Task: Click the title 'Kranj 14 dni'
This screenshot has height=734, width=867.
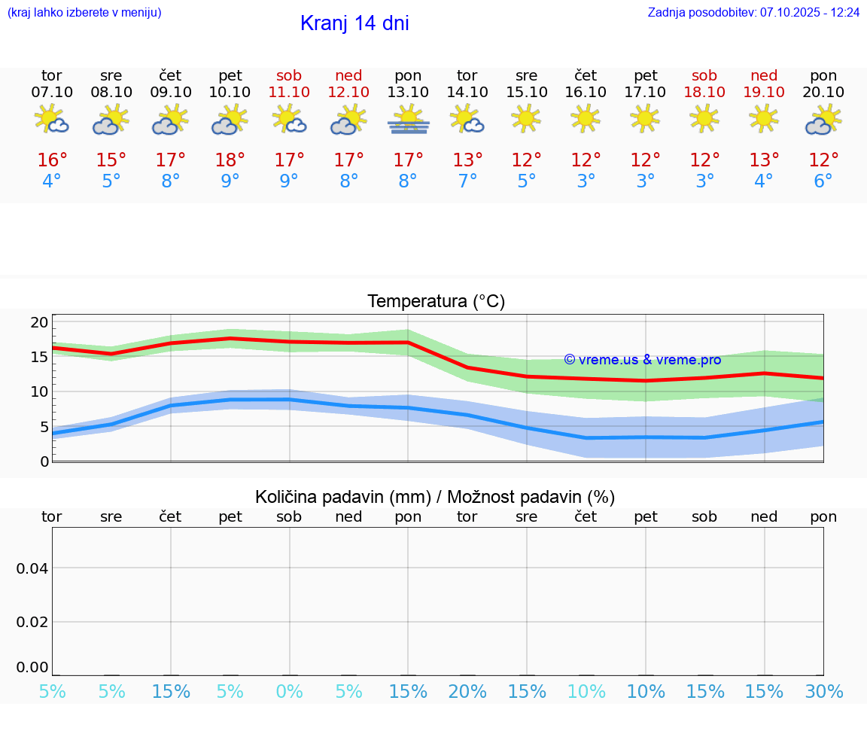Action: tap(354, 23)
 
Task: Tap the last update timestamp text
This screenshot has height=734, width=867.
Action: tap(753, 13)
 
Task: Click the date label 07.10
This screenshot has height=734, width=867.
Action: tap(52, 92)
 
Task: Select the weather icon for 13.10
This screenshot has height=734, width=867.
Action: tap(408, 120)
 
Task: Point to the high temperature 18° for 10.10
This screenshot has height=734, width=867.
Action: tap(230, 160)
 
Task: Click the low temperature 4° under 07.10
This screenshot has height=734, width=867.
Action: tap(52, 181)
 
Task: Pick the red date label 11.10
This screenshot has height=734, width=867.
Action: tap(289, 92)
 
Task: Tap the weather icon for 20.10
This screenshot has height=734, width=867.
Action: tap(823, 120)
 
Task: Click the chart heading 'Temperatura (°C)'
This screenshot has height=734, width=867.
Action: tap(436, 302)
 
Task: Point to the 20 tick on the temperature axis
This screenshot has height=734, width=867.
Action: tap(39, 322)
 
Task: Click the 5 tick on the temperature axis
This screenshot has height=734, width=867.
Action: tap(44, 427)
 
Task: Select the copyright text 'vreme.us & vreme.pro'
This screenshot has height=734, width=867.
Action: tap(643, 360)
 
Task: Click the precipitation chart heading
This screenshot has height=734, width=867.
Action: tap(435, 497)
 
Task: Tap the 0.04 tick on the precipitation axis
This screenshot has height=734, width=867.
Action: tap(32, 568)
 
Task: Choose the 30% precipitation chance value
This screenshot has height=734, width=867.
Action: tap(823, 692)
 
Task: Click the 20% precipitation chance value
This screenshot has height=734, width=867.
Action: tap(467, 692)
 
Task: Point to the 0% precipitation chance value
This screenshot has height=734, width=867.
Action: tap(289, 692)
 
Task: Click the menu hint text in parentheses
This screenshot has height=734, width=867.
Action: tap(84, 13)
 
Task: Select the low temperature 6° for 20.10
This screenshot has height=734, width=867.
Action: tap(823, 181)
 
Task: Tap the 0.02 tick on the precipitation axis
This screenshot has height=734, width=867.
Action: tap(32, 622)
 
